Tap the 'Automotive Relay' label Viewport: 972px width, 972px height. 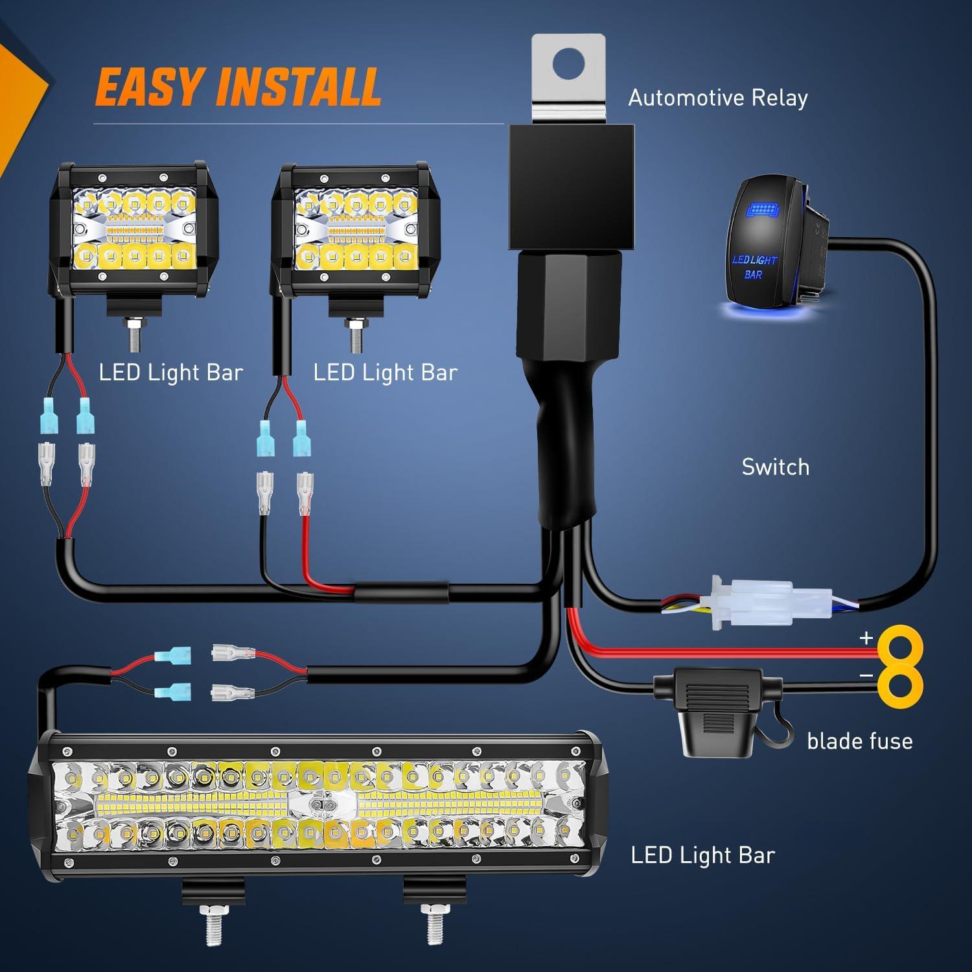(x=718, y=98)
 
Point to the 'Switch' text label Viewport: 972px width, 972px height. (x=775, y=467)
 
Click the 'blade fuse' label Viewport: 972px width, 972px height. (x=859, y=741)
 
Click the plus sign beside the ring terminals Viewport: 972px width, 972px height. (x=866, y=638)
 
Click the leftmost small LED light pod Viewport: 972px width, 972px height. (x=133, y=231)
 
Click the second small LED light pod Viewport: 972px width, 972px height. (x=354, y=231)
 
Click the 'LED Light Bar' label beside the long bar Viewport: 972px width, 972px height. (x=702, y=855)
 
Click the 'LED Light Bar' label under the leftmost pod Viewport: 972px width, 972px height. (x=170, y=373)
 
